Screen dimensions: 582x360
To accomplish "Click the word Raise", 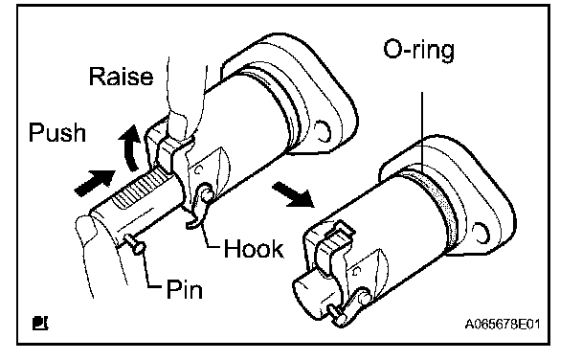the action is click(x=121, y=77).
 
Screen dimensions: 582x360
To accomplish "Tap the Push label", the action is click(x=57, y=132).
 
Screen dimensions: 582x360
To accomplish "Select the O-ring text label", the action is click(x=418, y=50).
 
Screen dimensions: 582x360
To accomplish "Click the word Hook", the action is click(x=254, y=248).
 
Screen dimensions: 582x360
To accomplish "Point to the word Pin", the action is click(x=185, y=289).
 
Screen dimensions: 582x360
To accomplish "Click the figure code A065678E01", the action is click(x=503, y=324).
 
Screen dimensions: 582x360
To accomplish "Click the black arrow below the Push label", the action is click(x=95, y=182).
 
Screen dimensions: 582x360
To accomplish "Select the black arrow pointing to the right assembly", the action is click(x=293, y=193).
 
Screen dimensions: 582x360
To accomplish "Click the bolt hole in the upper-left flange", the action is click(x=323, y=131).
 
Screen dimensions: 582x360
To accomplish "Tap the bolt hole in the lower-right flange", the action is click(x=481, y=233).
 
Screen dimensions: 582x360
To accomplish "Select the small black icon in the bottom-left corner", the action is click(x=40, y=323).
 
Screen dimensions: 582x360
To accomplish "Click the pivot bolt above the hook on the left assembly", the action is click(x=207, y=193).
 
